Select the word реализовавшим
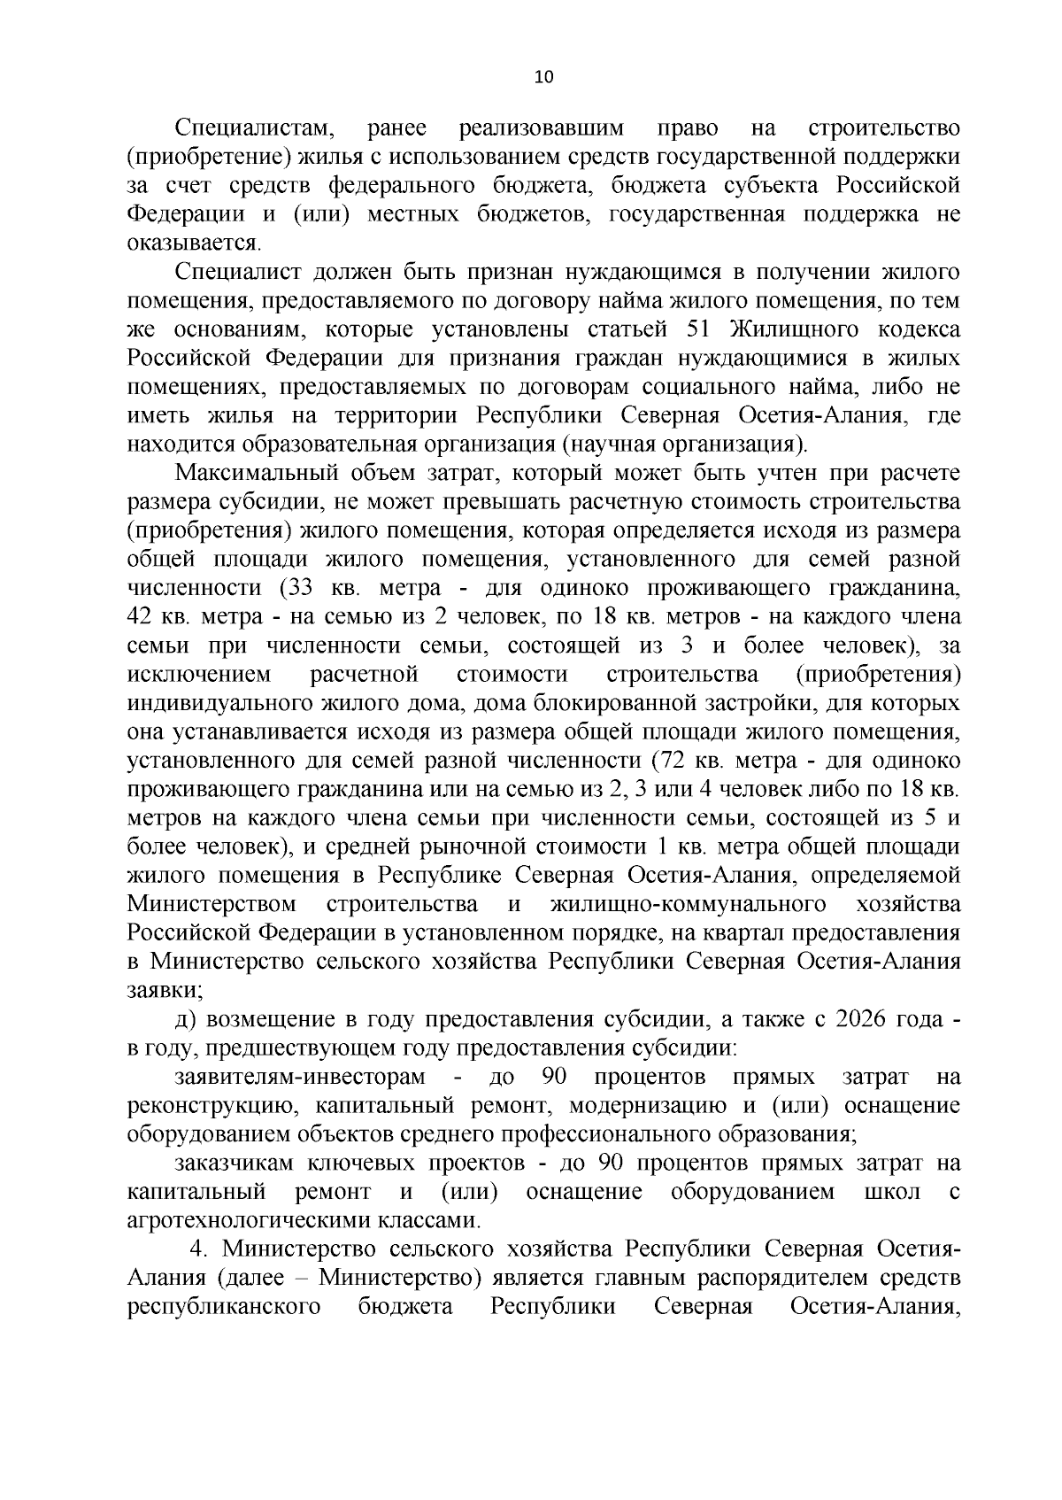(x=541, y=129)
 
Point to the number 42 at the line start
(x=142, y=617)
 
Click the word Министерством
(x=212, y=905)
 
